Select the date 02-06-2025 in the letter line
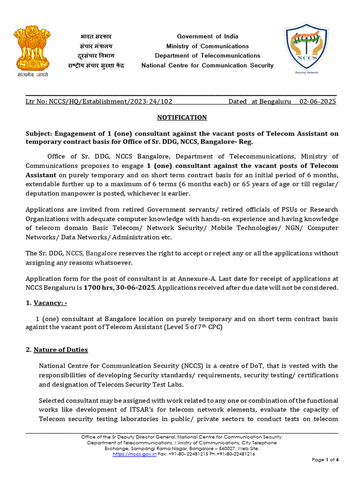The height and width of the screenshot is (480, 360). pyautogui.click(x=317, y=101)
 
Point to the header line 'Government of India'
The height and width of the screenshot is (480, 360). pyautogui.click(x=207, y=37)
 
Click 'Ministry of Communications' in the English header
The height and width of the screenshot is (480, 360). pyautogui.click(x=207, y=46)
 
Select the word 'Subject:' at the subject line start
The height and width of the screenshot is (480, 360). pyautogui.click(x=39, y=134)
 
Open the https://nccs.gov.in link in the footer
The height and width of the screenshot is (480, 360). pyautogui.click(x=135, y=454)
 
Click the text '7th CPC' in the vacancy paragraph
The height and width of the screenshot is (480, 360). pyautogui.click(x=209, y=327)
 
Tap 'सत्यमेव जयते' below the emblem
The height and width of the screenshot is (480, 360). pyautogui.click(x=30, y=74)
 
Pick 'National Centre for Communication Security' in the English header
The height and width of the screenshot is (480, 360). pyautogui.click(x=207, y=66)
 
